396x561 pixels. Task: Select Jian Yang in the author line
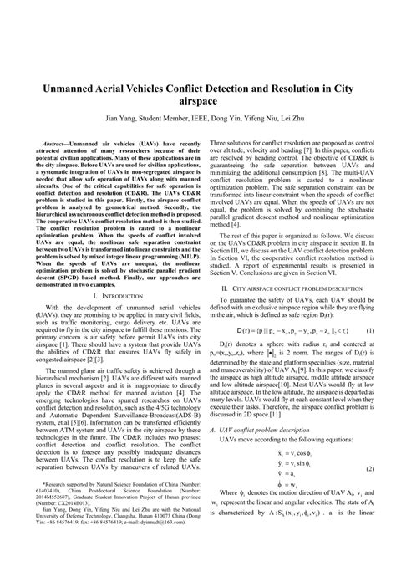coord(121,119)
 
